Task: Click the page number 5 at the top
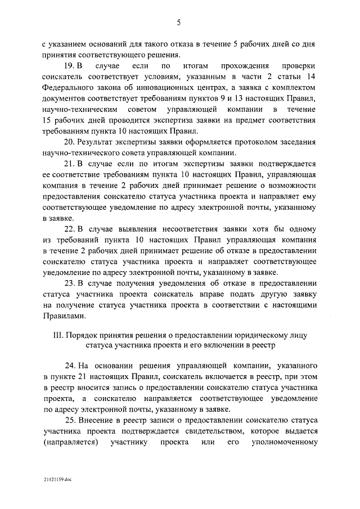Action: (178, 22)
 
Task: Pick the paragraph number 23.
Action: (69, 283)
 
